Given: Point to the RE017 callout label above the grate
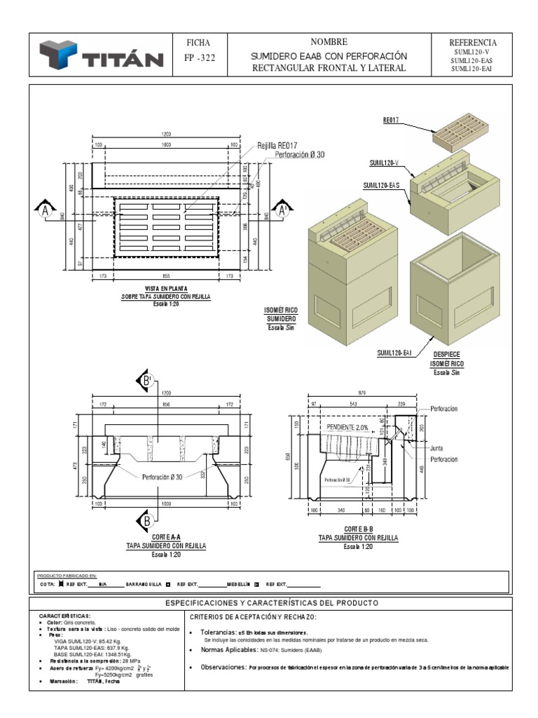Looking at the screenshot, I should [390, 120].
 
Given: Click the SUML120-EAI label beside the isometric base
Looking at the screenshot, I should [393, 354].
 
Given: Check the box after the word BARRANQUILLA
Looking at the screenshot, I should [168, 583].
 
